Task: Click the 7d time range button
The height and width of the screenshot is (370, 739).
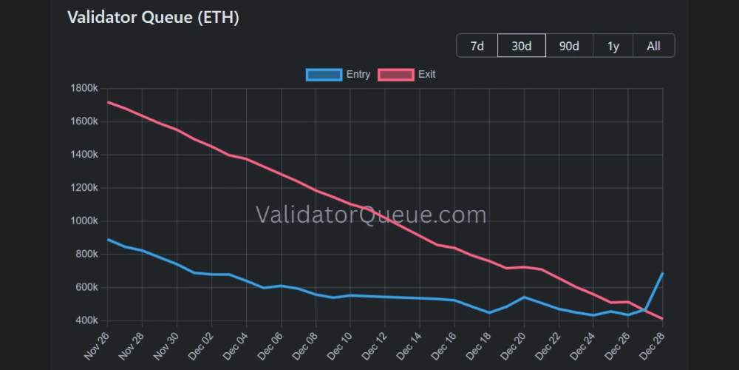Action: pos(477,46)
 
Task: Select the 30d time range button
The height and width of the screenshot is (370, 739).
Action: pos(522,46)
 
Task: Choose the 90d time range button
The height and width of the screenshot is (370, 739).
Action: pos(569,46)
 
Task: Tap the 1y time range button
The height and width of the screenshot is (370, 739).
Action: pos(613,46)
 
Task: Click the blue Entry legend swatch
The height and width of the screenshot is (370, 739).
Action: pos(324,75)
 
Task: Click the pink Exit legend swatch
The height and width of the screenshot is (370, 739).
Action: pos(395,75)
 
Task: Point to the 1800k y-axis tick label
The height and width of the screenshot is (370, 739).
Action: pos(83,89)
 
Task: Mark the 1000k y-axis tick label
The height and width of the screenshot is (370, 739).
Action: pos(83,221)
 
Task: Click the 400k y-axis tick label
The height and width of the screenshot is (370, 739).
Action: pos(86,320)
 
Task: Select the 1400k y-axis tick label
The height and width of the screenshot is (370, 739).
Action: pos(83,155)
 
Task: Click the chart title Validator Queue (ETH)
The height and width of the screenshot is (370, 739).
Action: pos(153,18)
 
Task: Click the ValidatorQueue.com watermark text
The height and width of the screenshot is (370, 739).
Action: pos(371,215)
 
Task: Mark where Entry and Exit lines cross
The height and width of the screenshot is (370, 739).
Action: pos(646,311)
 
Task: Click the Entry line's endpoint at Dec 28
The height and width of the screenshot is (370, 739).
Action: pos(662,273)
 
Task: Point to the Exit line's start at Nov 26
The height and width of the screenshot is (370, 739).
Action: pos(108,102)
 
